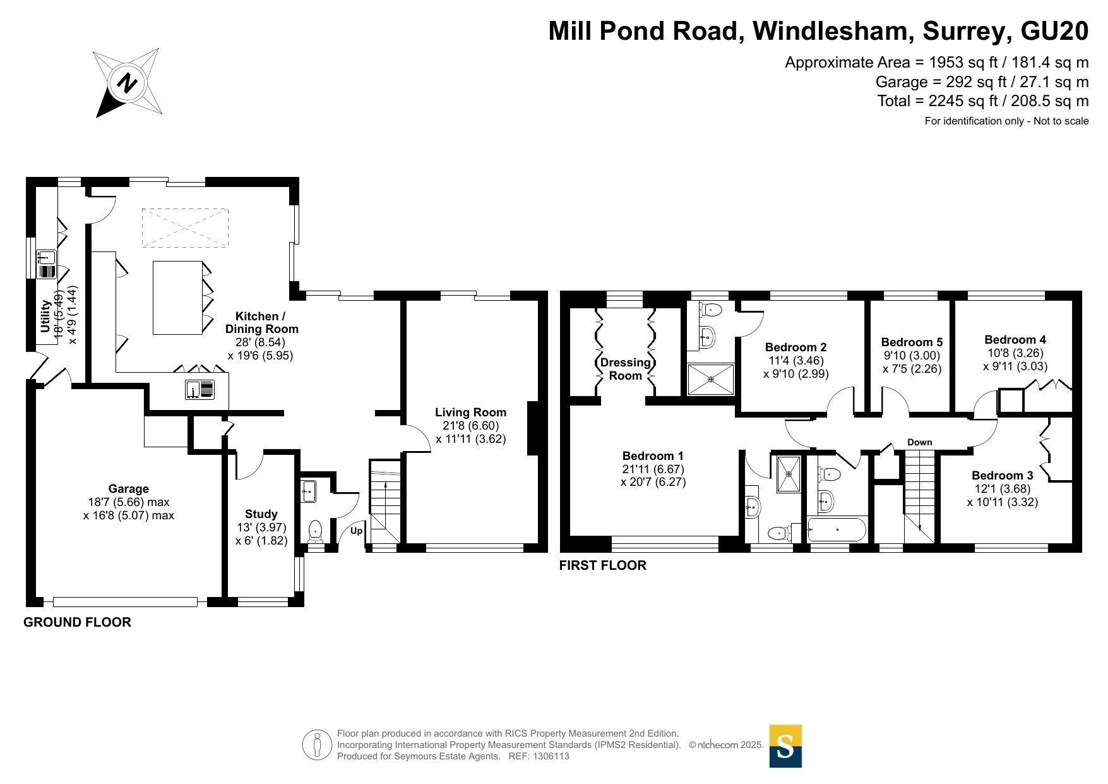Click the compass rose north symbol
coord(128,83)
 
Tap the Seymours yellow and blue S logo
coord(785,746)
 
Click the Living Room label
coord(470,413)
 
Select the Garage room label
coord(129,488)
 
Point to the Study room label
coord(261,514)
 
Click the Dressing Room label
coord(625,369)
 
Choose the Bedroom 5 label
coord(912,342)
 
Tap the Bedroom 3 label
coord(1003,476)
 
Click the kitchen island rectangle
coord(178,298)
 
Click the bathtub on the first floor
coord(837,529)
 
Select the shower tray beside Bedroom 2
coord(711,379)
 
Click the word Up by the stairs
coord(357,531)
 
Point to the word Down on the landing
coord(920,442)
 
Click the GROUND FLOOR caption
coord(78,622)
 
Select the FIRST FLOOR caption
coord(603,565)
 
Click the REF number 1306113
coord(551,756)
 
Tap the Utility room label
coord(45,316)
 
